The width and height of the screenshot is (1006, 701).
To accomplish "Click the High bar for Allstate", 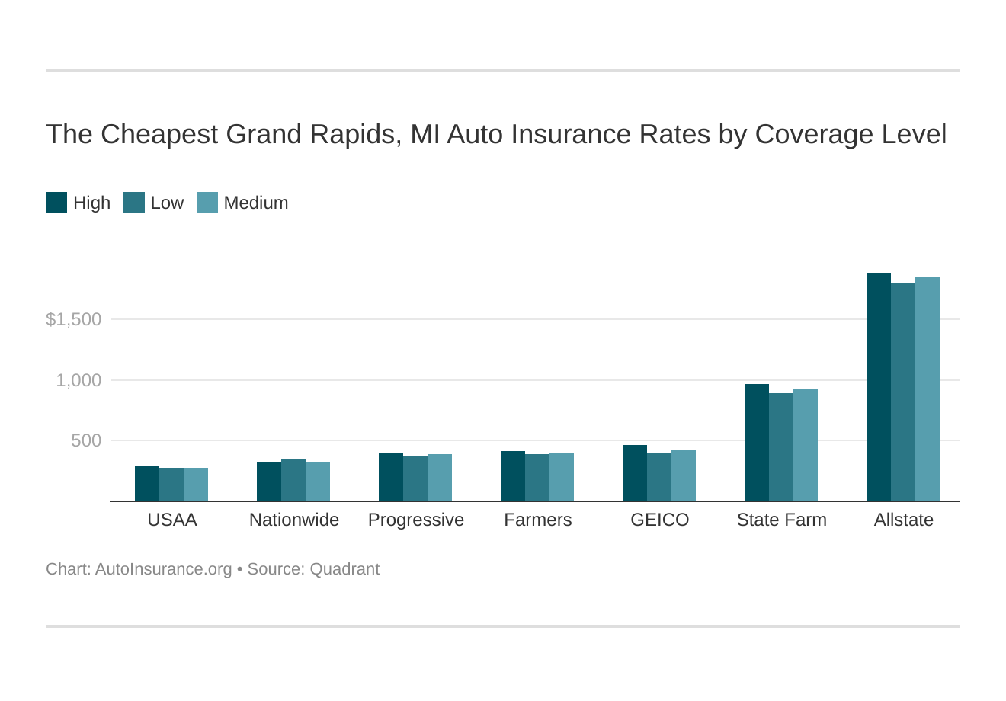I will click(878, 387).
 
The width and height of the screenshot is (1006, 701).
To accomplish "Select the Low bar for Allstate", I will click(902, 392).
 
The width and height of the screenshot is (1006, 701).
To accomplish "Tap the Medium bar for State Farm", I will click(805, 445).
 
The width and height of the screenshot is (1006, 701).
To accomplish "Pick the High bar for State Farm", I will click(756, 443).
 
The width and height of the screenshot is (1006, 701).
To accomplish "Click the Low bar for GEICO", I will click(658, 477).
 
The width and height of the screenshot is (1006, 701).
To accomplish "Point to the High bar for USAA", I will click(146, 484).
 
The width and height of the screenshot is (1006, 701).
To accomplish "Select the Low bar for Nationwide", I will click(293, 480).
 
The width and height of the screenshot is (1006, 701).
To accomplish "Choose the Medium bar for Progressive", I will click(439, 478).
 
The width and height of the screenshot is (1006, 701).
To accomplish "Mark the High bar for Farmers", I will click(512, 476).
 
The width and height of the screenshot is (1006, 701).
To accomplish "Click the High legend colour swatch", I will click(56, 203).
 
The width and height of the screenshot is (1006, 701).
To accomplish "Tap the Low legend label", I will click(167, 203).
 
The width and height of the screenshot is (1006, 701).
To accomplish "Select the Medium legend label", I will click(256, 203).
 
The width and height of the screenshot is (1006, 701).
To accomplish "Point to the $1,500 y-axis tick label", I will click(73, 319).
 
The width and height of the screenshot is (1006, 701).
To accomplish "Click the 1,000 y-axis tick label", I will click(78, 380).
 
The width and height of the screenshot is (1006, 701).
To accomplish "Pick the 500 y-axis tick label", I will click(85, 440).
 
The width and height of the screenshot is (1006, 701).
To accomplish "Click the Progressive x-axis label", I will click(415, 520).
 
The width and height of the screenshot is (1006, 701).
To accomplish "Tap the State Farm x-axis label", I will click(781, 520).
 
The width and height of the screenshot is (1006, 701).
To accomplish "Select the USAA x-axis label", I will click(171, 520).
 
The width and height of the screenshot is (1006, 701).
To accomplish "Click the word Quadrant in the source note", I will click(344, 569).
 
